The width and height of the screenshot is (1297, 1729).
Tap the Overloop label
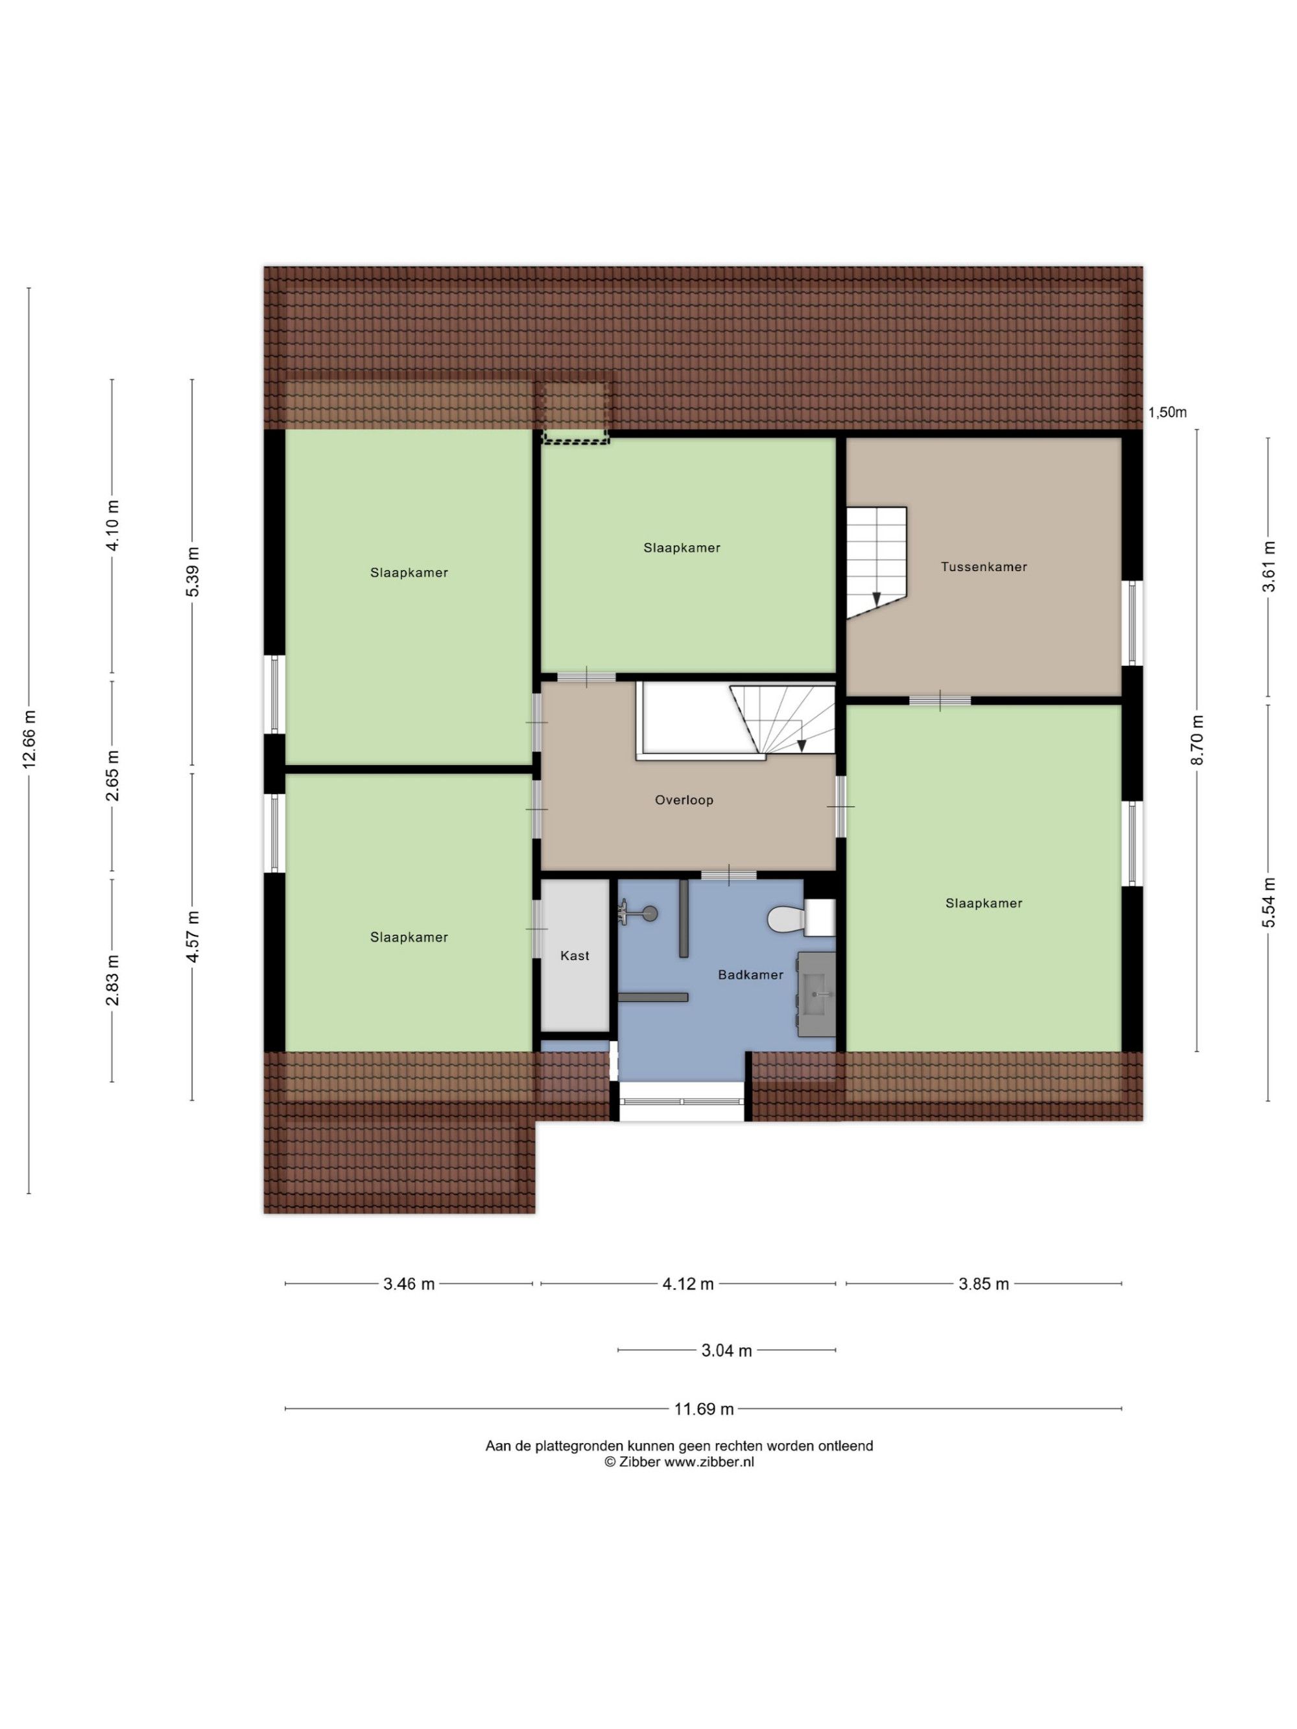[684, 799]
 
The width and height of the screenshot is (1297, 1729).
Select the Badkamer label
[750, 975]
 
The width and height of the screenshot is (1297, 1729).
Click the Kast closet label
[575, 955]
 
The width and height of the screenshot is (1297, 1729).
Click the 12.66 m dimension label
[30, 738]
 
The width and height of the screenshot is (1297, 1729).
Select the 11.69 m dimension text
[704, 1409]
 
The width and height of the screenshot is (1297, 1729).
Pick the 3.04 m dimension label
[726, 1350]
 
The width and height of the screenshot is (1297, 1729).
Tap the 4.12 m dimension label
[688, 1284]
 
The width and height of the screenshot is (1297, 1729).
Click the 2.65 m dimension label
[113, 775]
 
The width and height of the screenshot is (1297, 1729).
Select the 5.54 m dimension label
[1268, 902]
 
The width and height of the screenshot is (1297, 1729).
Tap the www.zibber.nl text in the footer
[709, 1463]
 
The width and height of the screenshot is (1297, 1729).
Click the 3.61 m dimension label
[1268, 567]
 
